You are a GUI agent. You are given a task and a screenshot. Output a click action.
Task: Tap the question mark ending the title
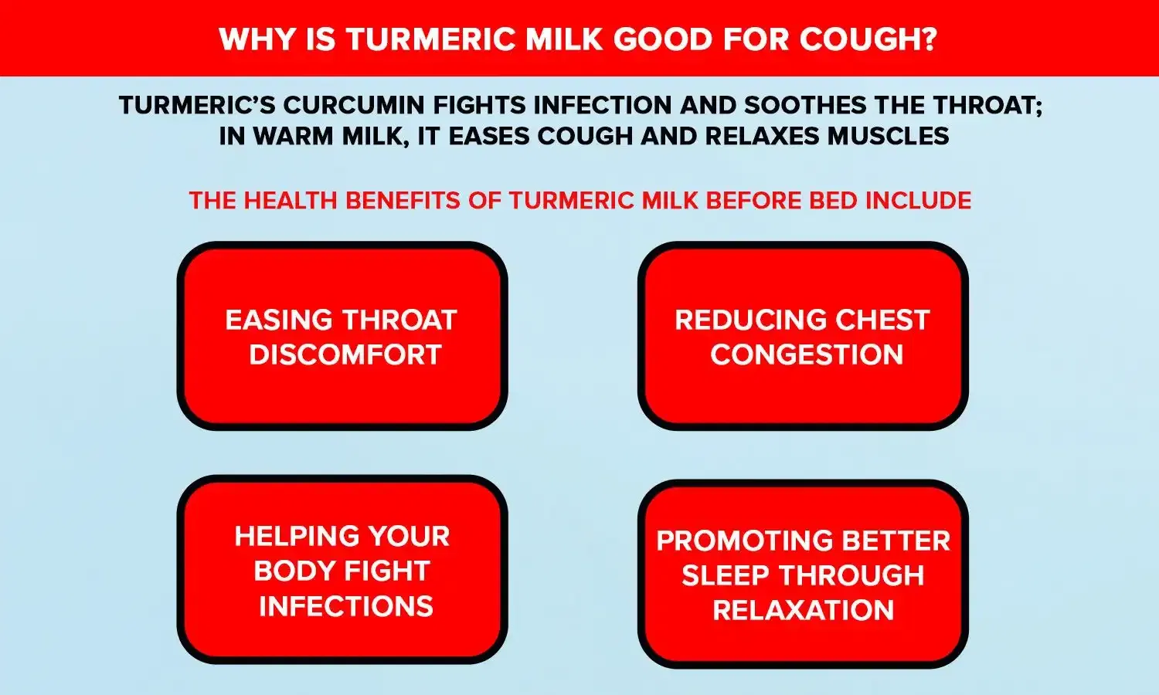tap(928, 39)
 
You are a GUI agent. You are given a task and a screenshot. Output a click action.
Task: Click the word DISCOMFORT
tap(345, 355)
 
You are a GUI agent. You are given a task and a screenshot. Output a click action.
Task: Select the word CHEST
tap(882, 320)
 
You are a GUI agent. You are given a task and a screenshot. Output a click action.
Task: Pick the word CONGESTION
tap(806, 355)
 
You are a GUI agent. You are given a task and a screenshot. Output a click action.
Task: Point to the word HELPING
tap(289, 536)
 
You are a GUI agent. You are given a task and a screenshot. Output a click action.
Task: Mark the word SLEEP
tap(725, 576)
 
